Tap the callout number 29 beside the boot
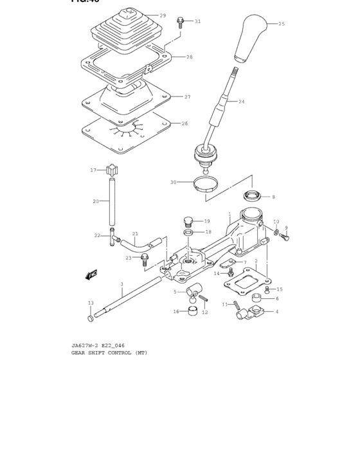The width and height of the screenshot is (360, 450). [x=163, y=15]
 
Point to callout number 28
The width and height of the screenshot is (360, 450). [x=189, y=57]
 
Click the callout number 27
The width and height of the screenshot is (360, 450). [x=187, y=97]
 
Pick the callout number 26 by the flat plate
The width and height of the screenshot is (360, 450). [x=184, y=123]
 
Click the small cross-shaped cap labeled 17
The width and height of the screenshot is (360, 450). [x=114, y=171]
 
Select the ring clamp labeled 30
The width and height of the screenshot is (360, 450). [x=204, y=186]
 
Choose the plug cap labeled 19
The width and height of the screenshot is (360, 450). [x=188, y=221]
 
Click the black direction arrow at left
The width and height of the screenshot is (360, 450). [x=91, y=274]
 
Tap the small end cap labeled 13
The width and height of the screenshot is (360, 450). [x=90, y=318]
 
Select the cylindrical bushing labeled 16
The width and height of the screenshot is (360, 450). [x=191, y=312]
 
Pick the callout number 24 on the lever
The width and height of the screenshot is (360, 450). [x=241, y=102]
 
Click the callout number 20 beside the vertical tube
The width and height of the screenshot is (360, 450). [x=96, y=201]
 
